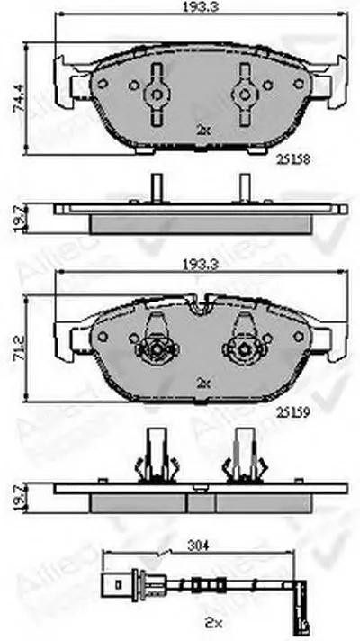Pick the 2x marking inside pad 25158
click(x=202, y=130)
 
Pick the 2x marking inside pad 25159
click(x=202, y=382)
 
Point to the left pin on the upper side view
click(x=155, y=188)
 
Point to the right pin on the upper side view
click(x=243, y=188)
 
